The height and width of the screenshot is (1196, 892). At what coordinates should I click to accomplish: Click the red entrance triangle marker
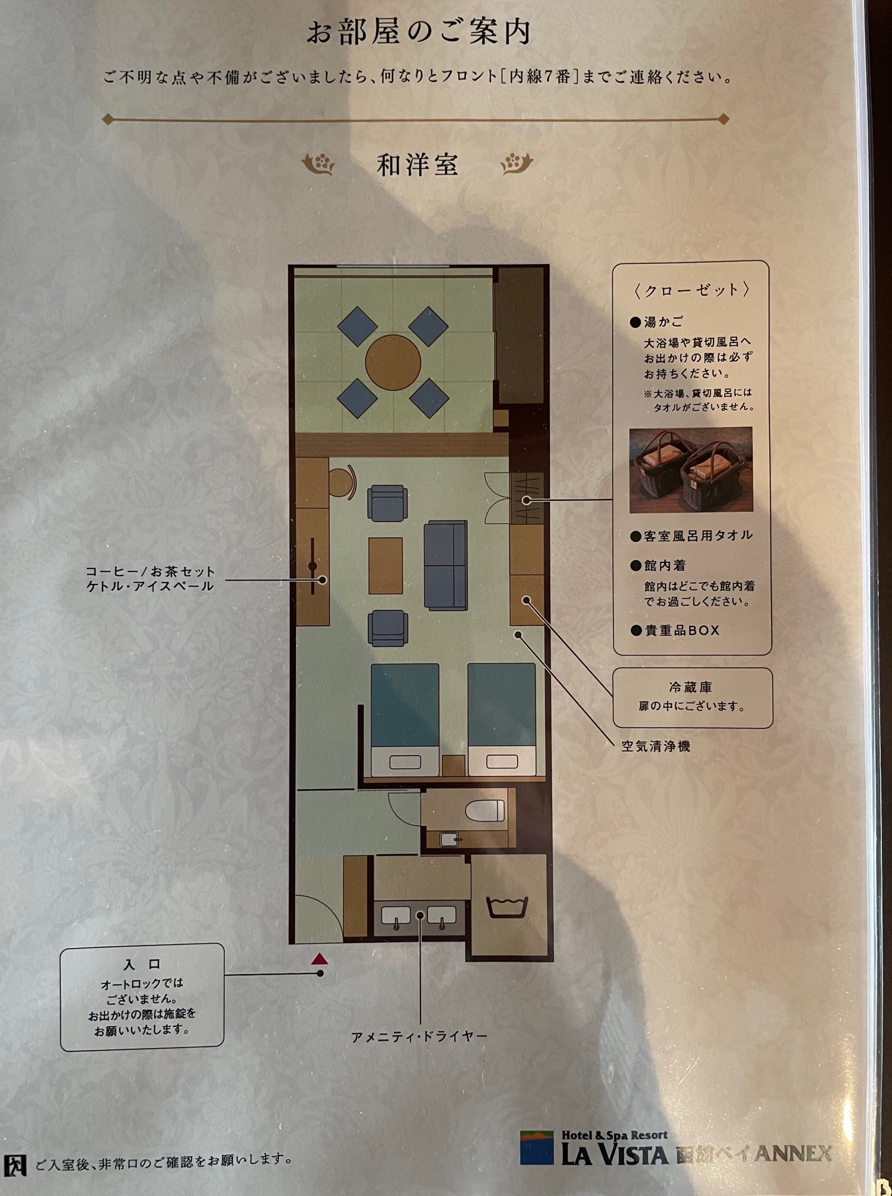(320, 959)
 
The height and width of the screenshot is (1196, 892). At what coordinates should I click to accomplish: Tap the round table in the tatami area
(393, 362)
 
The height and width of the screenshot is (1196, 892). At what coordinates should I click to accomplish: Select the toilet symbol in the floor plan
(485, 810)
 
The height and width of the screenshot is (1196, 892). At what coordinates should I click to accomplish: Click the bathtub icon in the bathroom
(507, 907)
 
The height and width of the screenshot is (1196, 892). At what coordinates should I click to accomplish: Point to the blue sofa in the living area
(445, 565)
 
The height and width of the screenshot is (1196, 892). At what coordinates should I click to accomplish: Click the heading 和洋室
(418, 165)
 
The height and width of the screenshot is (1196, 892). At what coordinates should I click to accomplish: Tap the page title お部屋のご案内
(418, 33)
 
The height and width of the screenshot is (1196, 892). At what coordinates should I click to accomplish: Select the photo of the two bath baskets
(691, 469)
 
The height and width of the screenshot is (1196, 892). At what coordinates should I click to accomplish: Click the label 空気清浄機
(655, 746)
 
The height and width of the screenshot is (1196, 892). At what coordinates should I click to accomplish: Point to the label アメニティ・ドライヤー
(419, 1036)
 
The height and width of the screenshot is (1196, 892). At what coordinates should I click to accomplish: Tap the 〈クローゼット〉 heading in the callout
(691, 290)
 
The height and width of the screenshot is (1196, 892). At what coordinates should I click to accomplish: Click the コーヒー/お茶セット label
(150, 571)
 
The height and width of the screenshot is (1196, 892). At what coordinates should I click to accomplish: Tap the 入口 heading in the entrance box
(142, 965)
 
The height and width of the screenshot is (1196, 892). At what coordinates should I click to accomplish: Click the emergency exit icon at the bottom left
(15, 1165)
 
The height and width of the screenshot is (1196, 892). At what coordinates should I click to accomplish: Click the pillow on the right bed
(502, 762)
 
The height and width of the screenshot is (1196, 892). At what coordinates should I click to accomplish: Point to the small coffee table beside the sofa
(386, 565)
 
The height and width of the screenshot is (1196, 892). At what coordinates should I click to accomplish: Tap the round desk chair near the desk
(342, 482)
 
